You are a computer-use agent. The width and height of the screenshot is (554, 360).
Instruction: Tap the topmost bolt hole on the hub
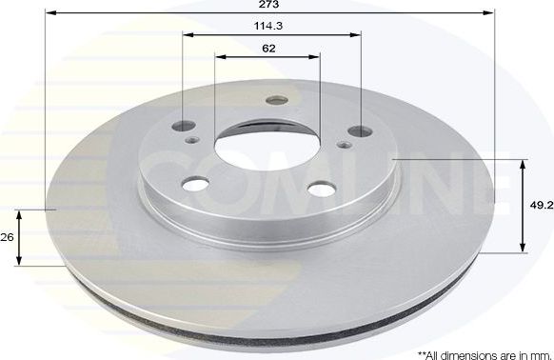278,100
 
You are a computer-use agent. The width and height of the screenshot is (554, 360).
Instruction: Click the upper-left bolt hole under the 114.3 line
184,128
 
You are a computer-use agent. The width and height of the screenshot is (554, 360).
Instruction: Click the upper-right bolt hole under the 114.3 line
360,130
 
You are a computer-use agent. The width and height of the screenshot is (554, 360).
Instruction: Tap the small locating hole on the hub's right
345,145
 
